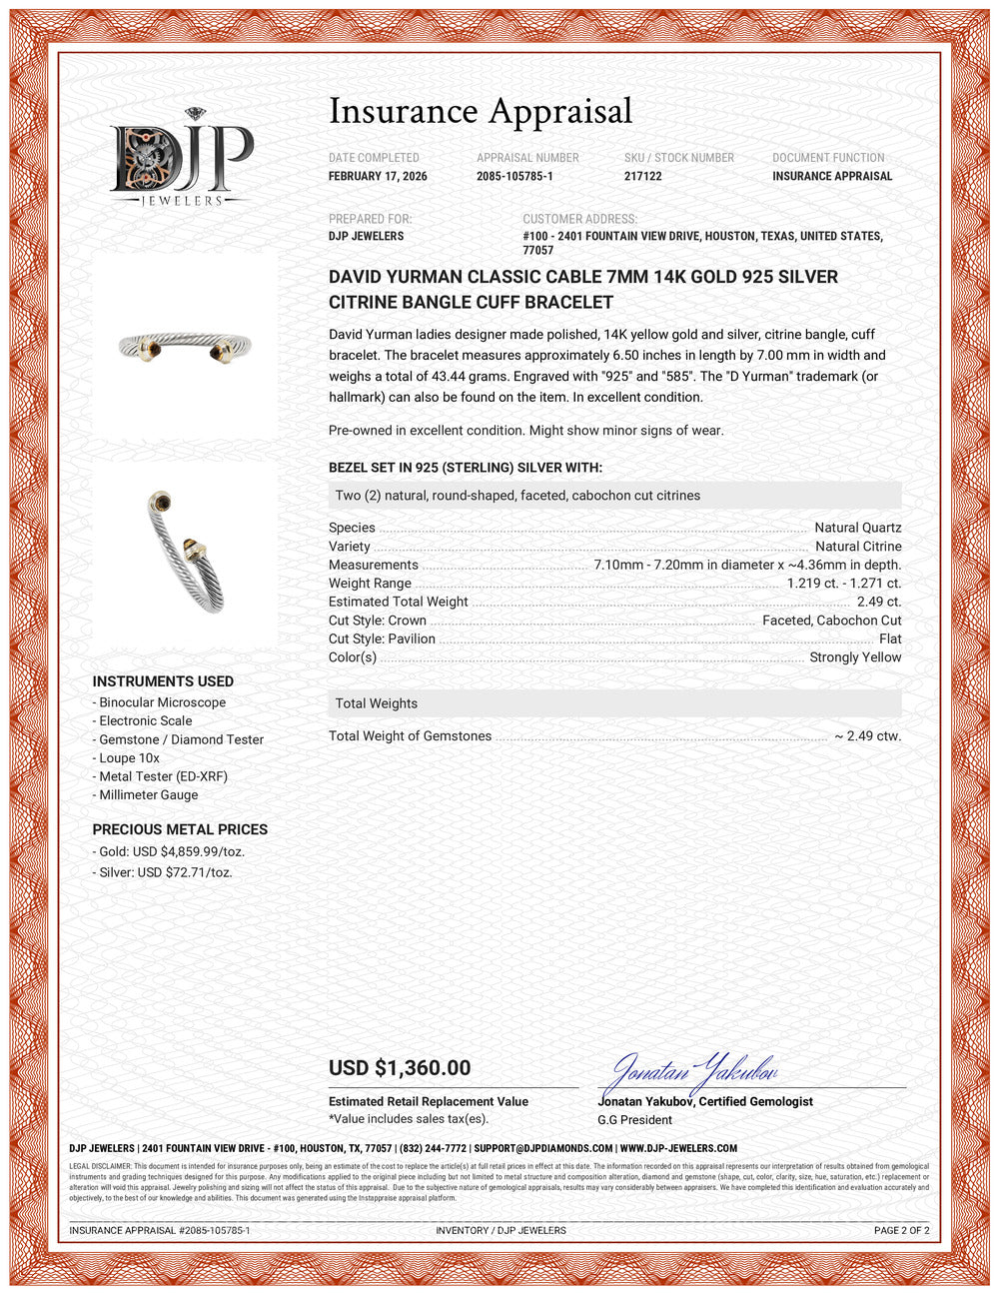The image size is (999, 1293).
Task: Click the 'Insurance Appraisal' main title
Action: click(481, 111)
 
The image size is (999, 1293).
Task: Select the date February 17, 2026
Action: click(378, 176)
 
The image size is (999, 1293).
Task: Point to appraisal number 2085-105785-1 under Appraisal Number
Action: click(514, 176)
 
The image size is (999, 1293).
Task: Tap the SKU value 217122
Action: click(643, 176)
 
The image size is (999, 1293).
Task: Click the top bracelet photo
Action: click(185, 345)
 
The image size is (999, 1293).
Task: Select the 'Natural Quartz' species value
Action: click(857, 528)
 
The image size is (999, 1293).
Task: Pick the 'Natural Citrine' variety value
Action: click(857, 547)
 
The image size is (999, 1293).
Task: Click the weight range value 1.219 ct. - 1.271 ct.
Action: click(843, 584)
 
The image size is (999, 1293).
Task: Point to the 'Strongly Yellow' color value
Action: click(855, 657)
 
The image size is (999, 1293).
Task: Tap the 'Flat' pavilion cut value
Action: click(890, 639)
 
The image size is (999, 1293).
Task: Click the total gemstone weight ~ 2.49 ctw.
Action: click(867, 736)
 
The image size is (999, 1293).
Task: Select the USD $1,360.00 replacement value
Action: click(400, 1068)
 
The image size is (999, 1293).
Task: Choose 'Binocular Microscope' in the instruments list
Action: click(162, 702)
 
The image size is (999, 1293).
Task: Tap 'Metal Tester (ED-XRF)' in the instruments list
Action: click(163, 776)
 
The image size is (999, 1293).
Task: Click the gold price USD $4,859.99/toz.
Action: click(172, 852)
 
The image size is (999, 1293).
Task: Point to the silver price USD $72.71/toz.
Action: click(166, 872)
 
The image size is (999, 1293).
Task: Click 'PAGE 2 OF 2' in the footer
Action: click(901, 1230)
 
